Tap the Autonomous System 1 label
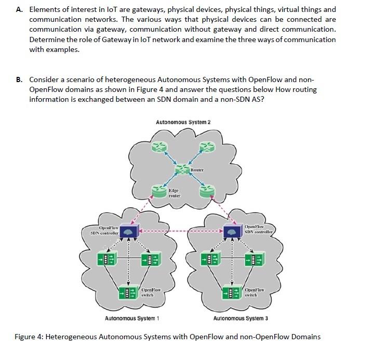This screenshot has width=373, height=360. pos(132,318)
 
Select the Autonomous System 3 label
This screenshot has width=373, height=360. pos(241,318)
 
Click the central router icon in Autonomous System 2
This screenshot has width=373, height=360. pos(182,170)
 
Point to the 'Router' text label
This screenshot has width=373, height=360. pos(197,170)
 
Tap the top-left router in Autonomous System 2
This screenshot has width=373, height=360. pos(156,147)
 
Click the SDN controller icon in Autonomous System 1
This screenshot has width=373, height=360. pos(128,231)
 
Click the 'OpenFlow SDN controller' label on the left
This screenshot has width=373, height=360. pos(102,230)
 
